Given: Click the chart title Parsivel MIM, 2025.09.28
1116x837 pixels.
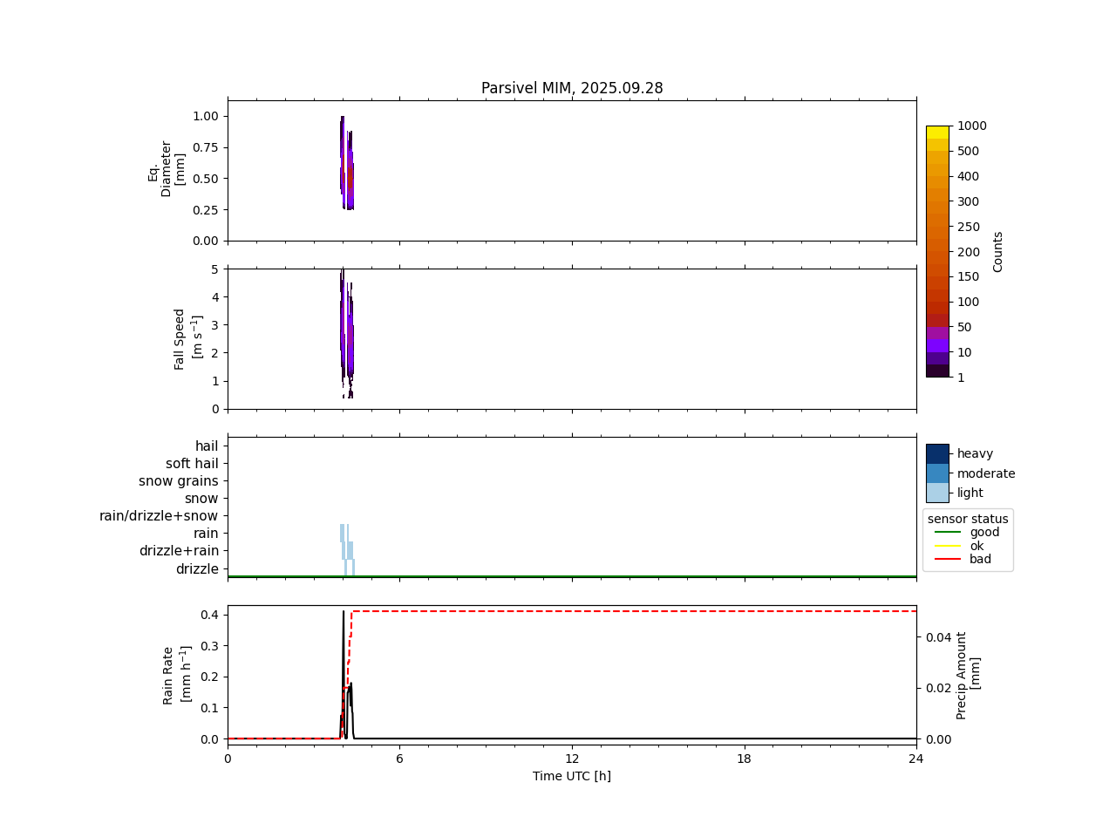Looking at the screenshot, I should (572, 88).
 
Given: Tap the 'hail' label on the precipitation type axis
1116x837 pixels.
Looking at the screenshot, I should (207, 446).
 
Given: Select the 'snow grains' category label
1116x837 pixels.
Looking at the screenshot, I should (179, 481).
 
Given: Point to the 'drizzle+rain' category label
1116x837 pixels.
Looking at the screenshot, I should (179, 551).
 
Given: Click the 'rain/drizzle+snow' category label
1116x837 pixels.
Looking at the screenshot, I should (159, 516).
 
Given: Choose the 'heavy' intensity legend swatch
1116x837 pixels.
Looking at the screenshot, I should (937, 453).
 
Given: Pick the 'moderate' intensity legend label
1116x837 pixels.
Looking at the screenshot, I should (986, 473).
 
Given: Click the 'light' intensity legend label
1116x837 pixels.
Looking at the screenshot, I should (971, 493).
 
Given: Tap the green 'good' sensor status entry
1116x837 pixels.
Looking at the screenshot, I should (984, 533).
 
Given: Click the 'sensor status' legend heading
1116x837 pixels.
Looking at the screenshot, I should (968, 519).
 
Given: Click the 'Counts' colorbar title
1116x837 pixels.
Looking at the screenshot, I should (998, 251).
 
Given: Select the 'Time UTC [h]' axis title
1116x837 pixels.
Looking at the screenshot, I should (572, 776).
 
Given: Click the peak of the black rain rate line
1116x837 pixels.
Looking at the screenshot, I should (344, 612).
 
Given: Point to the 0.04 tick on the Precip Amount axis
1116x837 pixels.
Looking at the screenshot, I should (938, 637).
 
